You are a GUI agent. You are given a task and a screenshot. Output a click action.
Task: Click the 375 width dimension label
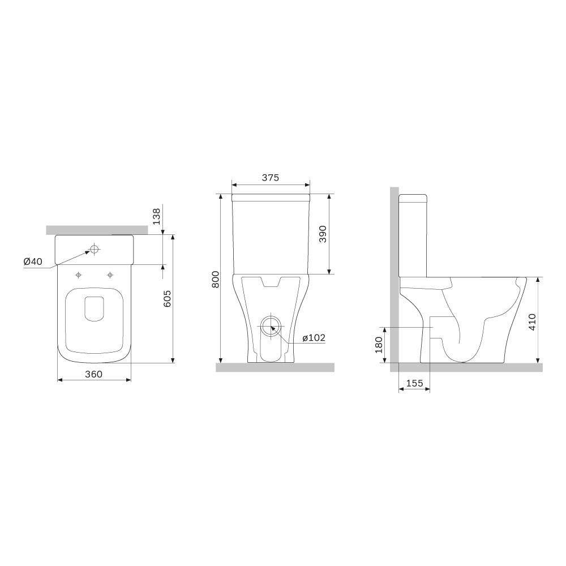(271, 178)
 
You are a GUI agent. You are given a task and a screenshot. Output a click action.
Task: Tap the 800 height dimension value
(216, 279)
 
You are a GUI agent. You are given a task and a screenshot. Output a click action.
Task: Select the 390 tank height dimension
(323, 234)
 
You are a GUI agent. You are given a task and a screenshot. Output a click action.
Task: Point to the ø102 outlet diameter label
(314, 338)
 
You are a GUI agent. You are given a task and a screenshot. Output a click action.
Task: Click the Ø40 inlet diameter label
(33, 261)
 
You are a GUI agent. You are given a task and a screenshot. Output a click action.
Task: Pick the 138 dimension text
(156, 216)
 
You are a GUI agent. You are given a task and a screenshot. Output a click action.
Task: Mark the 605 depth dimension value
(167, 298)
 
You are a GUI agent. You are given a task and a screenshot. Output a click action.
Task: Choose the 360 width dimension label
(93, 374)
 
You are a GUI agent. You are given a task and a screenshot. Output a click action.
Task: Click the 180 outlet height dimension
(379, 345)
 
